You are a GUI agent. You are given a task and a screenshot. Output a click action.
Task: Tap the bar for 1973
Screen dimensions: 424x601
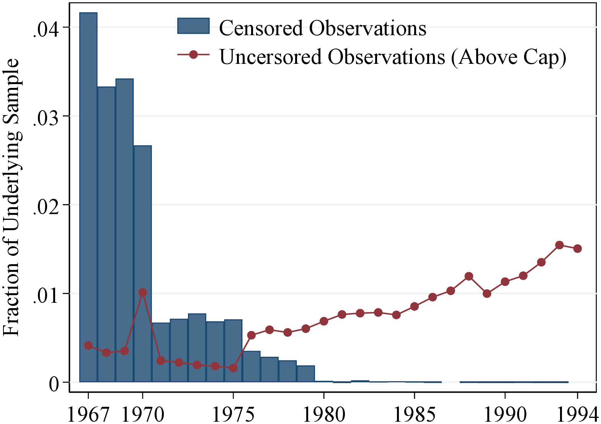pos(197,348)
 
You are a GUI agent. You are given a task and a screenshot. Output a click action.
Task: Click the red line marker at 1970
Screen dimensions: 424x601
pos(142,292)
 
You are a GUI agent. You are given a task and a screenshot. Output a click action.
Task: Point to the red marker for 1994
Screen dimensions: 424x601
pos(577,249)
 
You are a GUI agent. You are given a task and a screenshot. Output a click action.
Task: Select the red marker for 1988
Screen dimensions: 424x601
pos(469,276)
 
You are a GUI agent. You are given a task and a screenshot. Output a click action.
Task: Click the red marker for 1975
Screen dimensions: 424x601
pos(233,368)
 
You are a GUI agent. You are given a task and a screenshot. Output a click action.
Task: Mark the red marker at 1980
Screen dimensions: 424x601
pos(324,321)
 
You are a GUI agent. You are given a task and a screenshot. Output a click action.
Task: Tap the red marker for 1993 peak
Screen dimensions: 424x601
pos(559,245)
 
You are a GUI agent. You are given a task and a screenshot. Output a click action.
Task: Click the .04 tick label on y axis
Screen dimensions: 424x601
pos(46,30)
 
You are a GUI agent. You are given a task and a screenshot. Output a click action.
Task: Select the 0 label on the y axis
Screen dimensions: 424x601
pos(54,383)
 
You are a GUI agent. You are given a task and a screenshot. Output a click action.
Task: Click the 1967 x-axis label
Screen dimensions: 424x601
pos(88,413)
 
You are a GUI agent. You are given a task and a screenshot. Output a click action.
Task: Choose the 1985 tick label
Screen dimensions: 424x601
pos(414,413)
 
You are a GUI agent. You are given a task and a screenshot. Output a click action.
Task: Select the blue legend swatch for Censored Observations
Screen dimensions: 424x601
pos(193,26)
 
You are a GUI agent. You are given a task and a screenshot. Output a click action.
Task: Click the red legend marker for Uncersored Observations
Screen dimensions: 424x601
pos(193,55)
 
